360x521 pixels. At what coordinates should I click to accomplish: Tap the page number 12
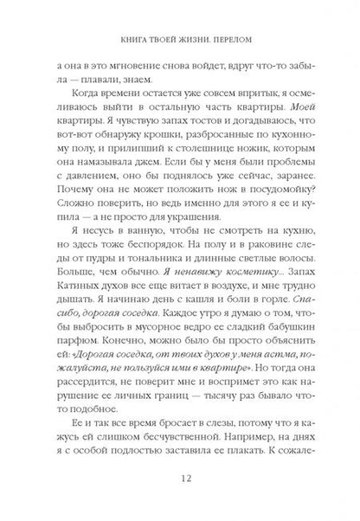pyautogui.click(x=179, y=482)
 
